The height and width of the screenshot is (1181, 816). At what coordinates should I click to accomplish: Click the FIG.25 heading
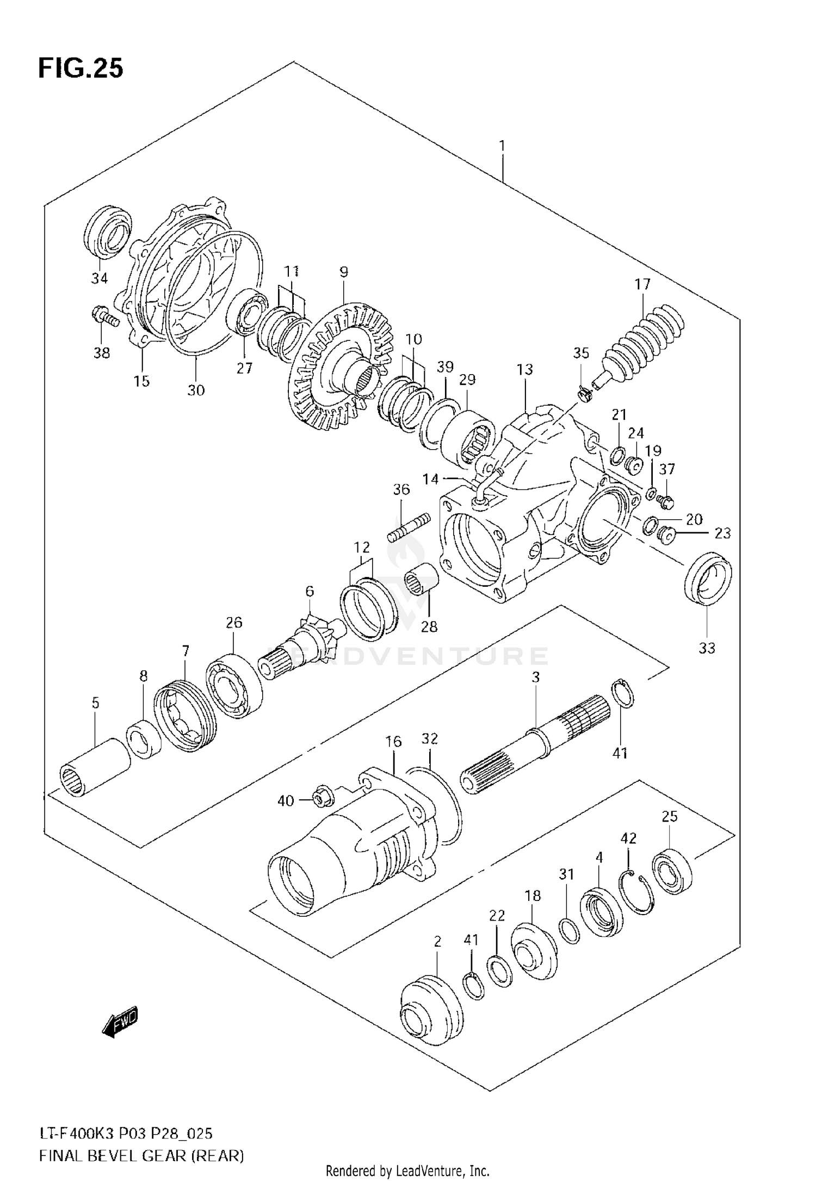tap(81, 69)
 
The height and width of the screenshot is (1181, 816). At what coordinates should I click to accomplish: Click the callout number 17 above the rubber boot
tap(642, 284)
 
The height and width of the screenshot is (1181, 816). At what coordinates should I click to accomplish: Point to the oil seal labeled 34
tap(108, 231)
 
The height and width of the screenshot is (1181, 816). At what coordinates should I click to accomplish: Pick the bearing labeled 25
tap(673, 871)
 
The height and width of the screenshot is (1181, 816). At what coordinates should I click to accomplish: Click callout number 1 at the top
tap(502, 146)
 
